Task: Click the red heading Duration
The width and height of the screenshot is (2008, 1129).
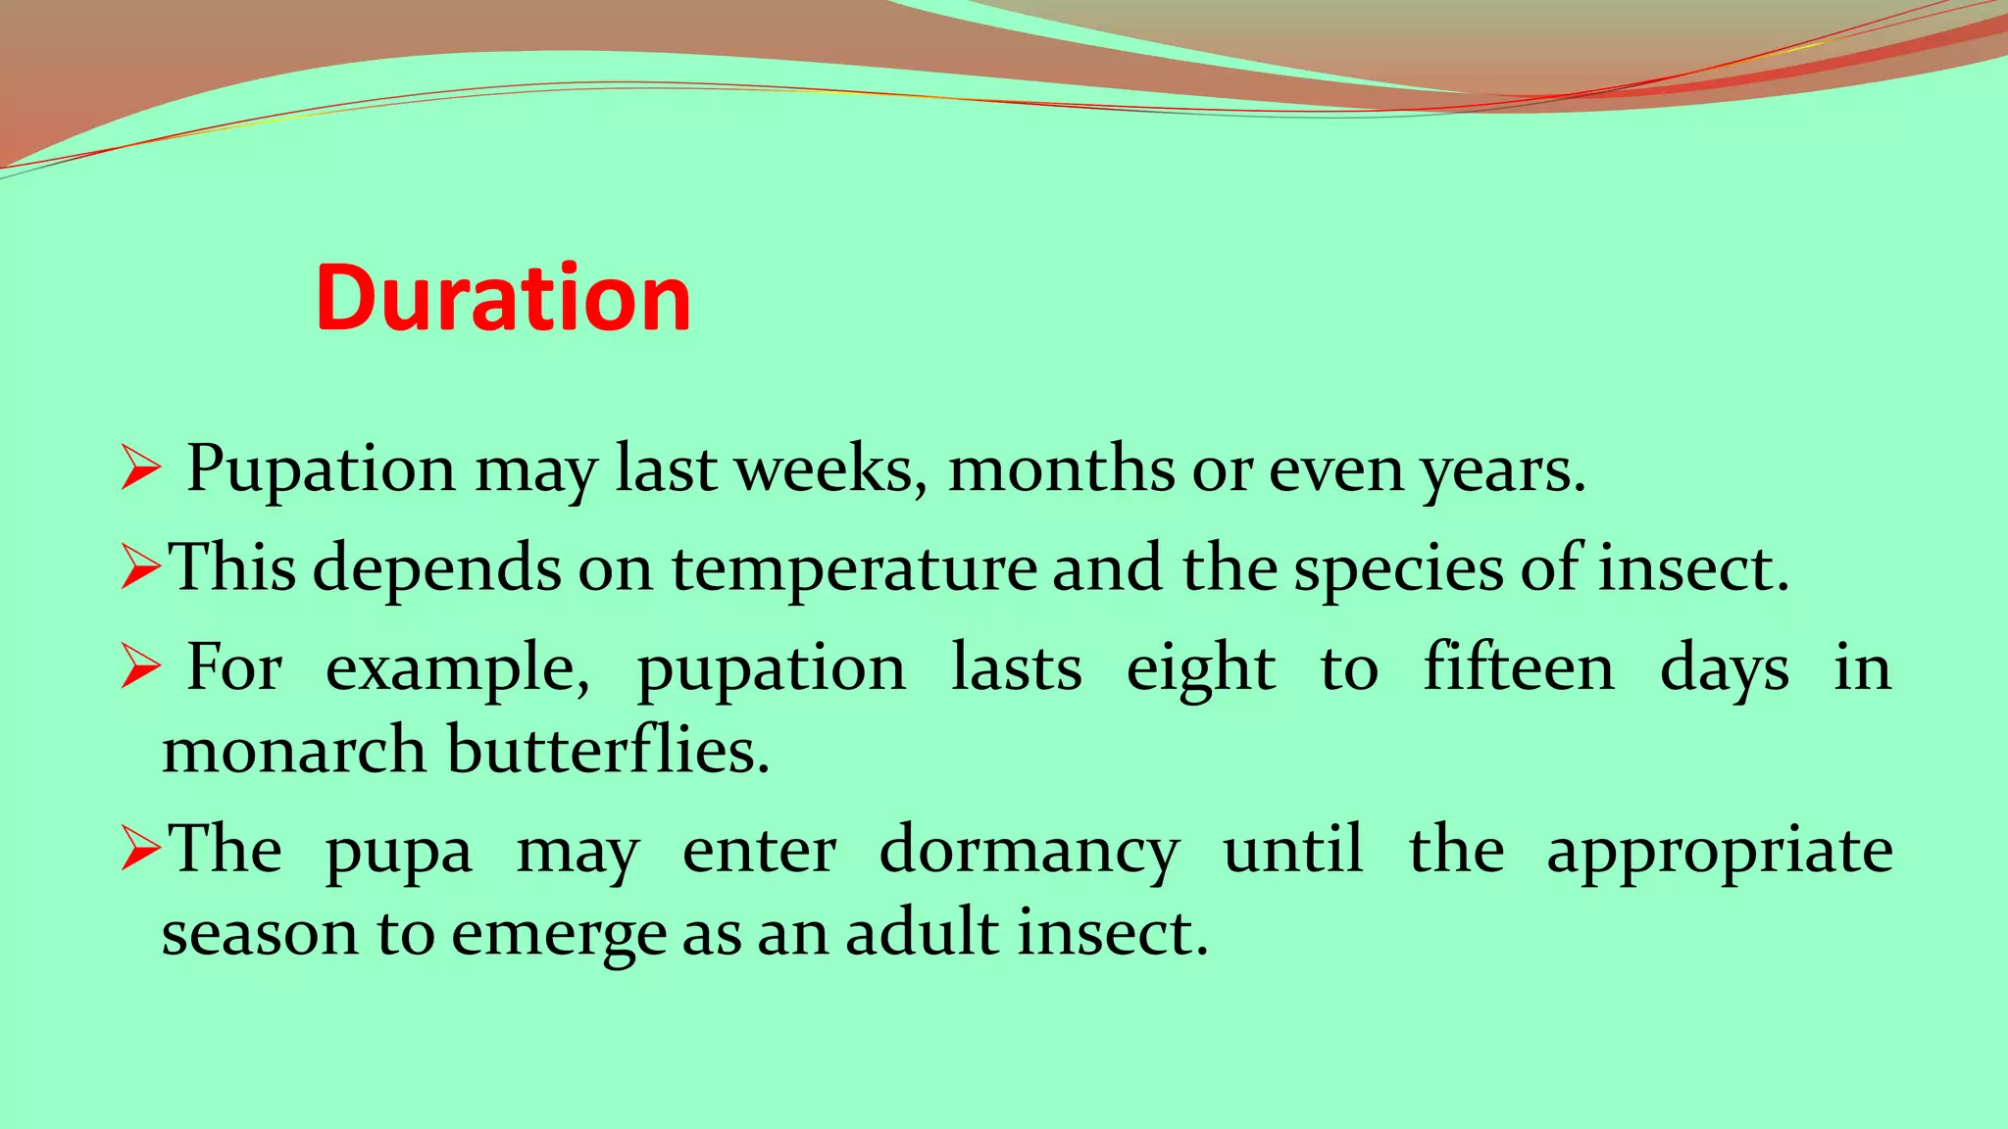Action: click(x=503, y=298)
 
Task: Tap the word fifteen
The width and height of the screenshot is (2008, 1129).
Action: click(x=1518, y=668)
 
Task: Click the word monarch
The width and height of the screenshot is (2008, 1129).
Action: click(x=293, y=751)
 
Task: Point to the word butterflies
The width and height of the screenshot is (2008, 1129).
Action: click(x=608, y=751)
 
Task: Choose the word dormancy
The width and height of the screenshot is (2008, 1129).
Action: click(x=1029, y=851)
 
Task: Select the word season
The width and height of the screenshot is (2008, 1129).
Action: click(x=259, y=933)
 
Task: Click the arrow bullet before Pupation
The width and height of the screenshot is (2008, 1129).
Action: click(x=140, y=467)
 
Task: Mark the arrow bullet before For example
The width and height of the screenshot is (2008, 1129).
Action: click(x=140, y=667)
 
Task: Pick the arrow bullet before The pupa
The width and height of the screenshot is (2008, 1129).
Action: click(x=140, y=849)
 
